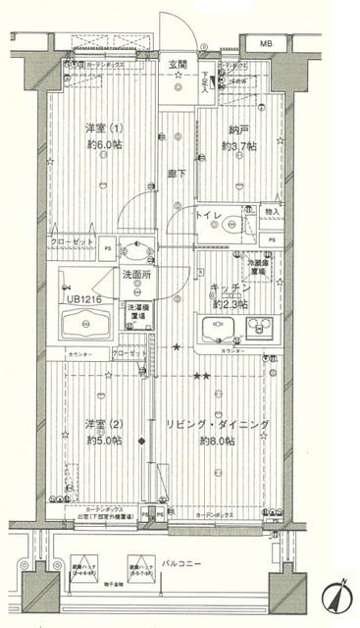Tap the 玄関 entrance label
(x=178, y=65)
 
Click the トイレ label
(x=209, y=213)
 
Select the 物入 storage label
(x=272, y=212)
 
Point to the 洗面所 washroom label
(x=135, y=276)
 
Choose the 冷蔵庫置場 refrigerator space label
(x=258, y=267)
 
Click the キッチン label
(x=231, y=288)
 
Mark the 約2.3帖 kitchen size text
(x=231, y=303)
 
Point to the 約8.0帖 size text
(x=217, y=441)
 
